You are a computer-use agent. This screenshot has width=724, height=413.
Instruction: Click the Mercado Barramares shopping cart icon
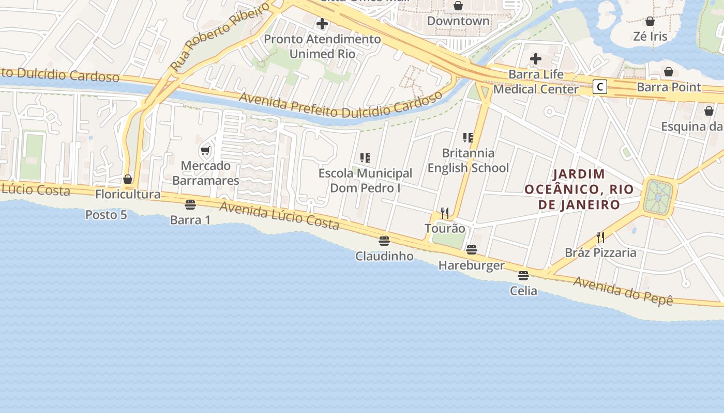point(205,151)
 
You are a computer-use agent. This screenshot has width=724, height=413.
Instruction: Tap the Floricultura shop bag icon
point(128,179)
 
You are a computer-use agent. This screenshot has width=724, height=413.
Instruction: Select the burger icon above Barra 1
point(190,204)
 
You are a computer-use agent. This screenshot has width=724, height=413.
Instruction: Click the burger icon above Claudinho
point(384,241)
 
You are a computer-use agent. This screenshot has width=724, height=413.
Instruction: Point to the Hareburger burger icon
point(471,250)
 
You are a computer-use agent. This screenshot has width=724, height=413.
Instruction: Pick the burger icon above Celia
point(523,275)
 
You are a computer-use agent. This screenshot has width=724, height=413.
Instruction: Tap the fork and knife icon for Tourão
point(445,213)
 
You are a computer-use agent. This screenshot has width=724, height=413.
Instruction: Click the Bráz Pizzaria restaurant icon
point(600,237)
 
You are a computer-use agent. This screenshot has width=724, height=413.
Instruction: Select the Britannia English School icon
point(468,137)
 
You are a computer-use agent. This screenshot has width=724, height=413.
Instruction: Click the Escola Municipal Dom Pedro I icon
point(365,157)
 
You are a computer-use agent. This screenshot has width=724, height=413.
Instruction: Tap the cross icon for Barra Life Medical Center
point(536,58)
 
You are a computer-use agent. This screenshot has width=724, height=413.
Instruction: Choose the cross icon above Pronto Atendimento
point(322,23)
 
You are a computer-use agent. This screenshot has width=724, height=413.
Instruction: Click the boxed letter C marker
point(599,86)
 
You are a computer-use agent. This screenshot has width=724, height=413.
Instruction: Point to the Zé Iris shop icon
point(650,21)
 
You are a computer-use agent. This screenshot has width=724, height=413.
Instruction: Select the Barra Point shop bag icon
point(669,72)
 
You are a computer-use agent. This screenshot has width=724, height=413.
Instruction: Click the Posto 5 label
point(106,214)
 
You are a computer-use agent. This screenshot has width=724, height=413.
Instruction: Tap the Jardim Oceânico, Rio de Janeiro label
point(579,189)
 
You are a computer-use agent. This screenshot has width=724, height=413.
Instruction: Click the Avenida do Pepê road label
point(623,291)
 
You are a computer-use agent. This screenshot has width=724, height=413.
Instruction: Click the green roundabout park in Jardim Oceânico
point(658,197)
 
